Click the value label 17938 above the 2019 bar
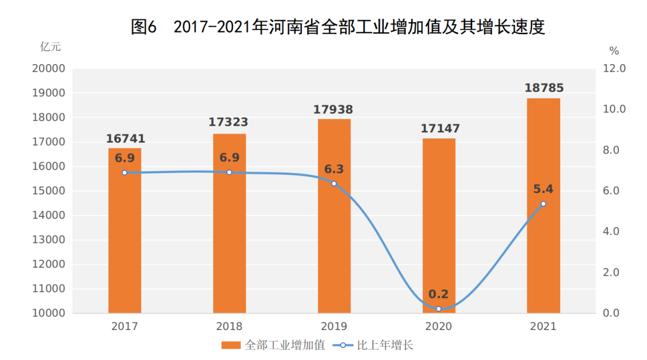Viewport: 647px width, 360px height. tap(333, 110)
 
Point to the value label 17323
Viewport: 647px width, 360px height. tap(228, 122)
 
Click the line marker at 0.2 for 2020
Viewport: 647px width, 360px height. tap(439, 309)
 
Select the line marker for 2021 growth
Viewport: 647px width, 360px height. tap(543, 204)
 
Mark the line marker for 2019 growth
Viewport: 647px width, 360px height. tap(334, 183)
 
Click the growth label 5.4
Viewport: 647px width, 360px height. tap(543, 189)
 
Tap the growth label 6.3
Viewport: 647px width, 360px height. tap(334, 169)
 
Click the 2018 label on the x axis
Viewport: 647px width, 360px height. tap(229, 326)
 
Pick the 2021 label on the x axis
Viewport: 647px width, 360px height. tap(543, 326)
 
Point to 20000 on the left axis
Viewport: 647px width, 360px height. tap(48, 69)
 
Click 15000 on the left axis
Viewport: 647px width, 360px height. tap(48, 191)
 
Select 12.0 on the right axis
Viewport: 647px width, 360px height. tap(614, 69)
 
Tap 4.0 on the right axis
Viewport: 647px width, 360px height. tap(614, 232)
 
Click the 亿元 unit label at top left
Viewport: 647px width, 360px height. tap(50, 46)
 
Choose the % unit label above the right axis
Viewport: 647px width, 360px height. tap(613, 50)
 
